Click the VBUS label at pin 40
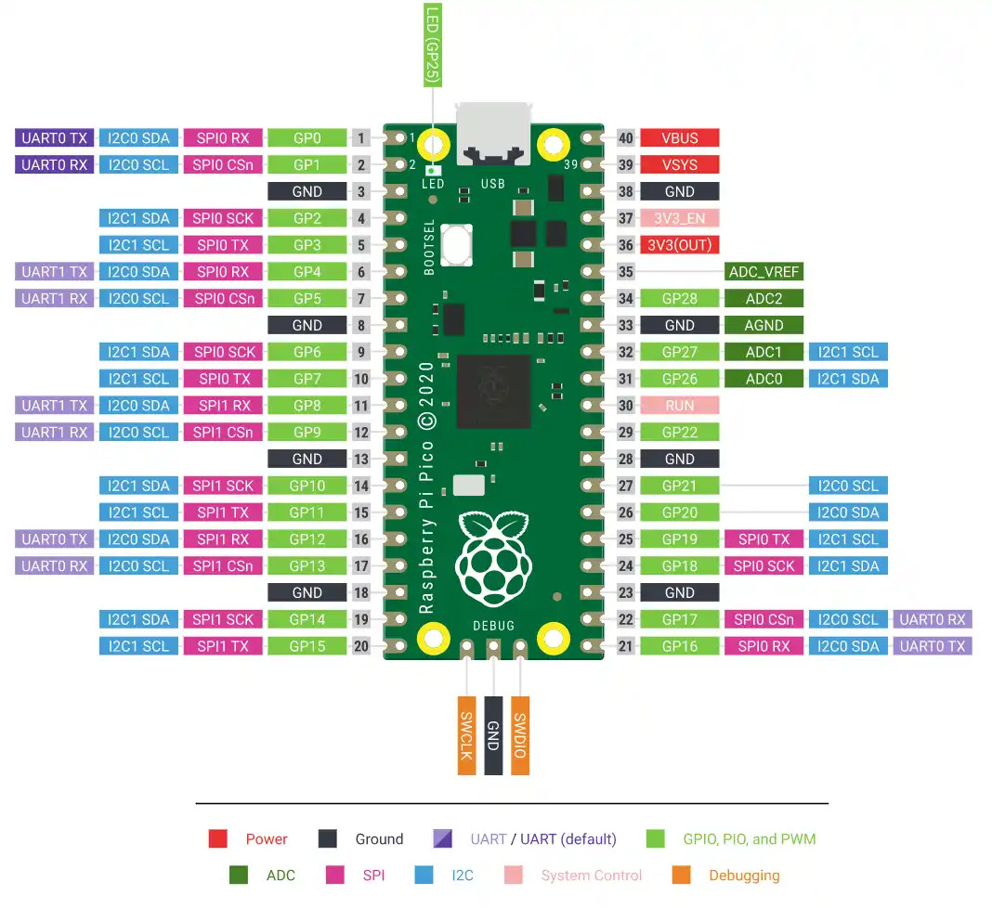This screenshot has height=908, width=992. (679, 138)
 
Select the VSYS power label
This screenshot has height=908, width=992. (679, 165)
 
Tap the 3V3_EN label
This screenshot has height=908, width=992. (679, 218)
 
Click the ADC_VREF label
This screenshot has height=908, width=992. (763, 272)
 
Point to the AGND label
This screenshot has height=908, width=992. (763, 326)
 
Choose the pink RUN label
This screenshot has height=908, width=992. (679, 406)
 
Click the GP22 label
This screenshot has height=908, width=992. (679, 433)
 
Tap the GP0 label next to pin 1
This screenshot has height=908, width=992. (307, 138)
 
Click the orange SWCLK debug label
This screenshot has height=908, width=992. (466, 734)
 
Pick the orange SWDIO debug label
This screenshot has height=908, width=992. (520, 734)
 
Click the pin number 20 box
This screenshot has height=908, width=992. (360, 646)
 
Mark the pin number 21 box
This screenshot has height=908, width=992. (625, 646)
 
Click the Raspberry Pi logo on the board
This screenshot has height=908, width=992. (492, 556)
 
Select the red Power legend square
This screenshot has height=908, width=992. (218, 839)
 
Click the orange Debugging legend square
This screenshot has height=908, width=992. (681, 875)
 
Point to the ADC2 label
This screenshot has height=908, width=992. (763, 299)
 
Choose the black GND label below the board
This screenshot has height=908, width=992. (493, 734)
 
